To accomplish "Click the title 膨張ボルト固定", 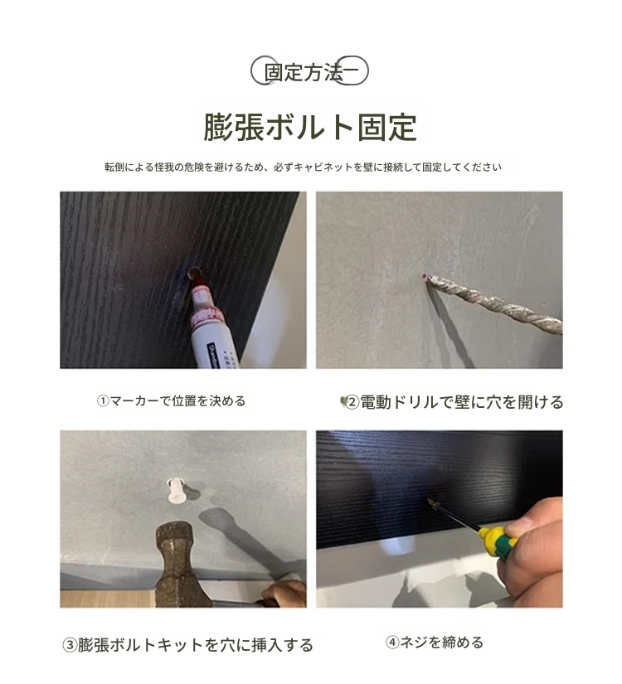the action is click(310, 128).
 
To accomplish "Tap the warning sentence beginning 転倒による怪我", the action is click(303, 167).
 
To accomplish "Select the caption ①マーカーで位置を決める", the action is click(171, 401).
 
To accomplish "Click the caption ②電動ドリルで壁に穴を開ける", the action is click(454, 402).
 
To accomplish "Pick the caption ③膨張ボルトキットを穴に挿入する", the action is click(187, 645).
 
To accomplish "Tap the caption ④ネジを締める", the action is click(435, 642).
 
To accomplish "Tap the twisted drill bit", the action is click(495, 303).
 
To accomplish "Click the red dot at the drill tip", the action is click(425, 276).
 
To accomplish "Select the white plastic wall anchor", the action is click(176, 491).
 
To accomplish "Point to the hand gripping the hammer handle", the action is click(284, 594).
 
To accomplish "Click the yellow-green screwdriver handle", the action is click(498, 541).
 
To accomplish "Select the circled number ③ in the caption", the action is click(70, 645).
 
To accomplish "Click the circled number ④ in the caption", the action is click(392, 642).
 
